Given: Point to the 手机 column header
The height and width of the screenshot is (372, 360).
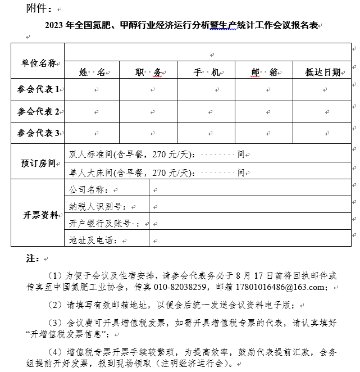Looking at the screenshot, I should pos(206,72).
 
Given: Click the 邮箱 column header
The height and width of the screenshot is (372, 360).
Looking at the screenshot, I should pos(265,72).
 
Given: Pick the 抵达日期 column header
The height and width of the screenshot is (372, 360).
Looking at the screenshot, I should pos(323,72).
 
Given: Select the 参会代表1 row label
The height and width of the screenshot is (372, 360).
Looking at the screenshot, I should pos(38,90).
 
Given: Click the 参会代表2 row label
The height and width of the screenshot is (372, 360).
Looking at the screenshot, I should pos(38,111).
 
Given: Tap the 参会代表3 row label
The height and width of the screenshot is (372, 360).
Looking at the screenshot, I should pos(38,133).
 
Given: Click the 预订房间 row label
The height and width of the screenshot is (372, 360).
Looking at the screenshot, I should pos(38,163).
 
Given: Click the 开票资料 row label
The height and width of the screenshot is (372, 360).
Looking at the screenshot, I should pos(38,215).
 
